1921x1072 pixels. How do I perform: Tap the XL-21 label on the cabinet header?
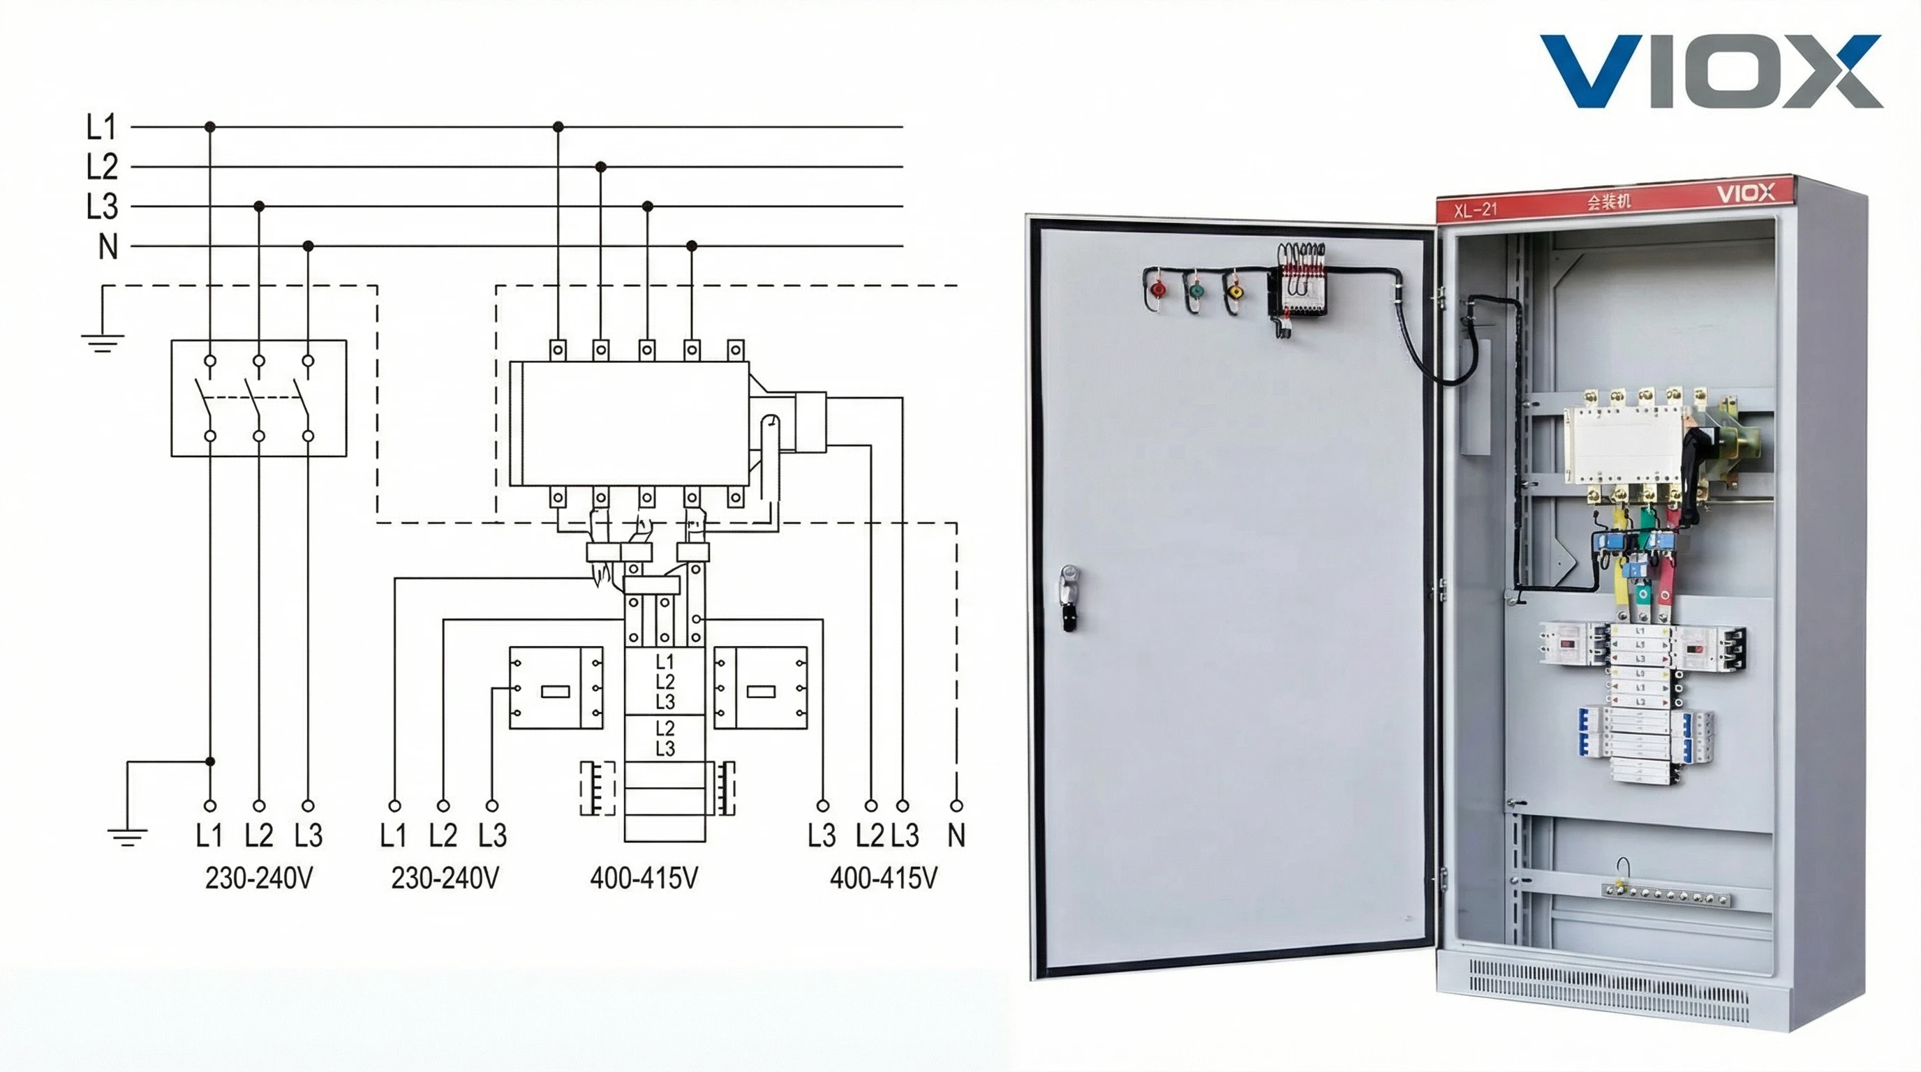(x=1475, y=209)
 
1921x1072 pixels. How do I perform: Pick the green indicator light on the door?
(x=1196, y=289)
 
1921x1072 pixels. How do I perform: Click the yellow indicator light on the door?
(x=1235, y=291)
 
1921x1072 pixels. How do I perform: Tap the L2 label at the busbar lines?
(x=102, y=167)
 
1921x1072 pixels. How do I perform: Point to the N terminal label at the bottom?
(x=956, y=835)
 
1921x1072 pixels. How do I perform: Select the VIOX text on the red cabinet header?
(x=1746, y=194)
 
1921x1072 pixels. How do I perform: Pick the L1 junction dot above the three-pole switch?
(x=210, y=128)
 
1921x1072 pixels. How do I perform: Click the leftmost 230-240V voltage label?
(x=259, y=879)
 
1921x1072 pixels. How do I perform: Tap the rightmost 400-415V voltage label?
(x=884, y=879)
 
